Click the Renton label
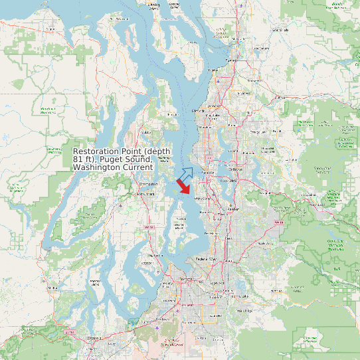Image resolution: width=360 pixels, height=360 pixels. (x=232, y=209)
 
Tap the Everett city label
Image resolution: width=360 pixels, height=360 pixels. (x=230, y=60)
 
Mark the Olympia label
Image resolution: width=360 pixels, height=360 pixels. (x=94, y=337)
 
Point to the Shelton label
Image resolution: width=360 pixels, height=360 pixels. (x=52, y=287)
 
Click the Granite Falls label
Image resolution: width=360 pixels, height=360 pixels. (x=282, y=30)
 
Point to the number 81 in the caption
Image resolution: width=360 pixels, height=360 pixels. (x=77, y=160)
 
